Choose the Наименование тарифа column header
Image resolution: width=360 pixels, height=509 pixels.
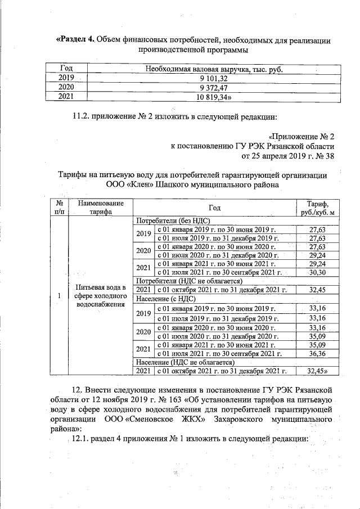[x=101, y=208]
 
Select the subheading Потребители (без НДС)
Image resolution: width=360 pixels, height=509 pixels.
[x=171, y=221]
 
